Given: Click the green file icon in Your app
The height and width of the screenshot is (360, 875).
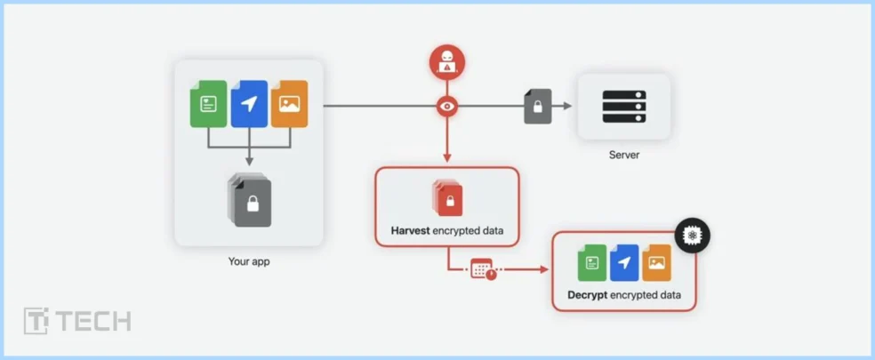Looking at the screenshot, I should (x=209, y=103).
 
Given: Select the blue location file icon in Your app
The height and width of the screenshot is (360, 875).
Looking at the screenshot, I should (x=249, y=104).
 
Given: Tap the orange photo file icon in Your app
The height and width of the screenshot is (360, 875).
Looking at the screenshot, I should (x=289, y=103).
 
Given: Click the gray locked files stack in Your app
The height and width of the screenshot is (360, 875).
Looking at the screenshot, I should (x=251, y=201).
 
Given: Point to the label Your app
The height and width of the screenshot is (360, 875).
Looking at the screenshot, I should (x=249, y=261).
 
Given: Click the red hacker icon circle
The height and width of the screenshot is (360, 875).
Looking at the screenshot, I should (x=446, y=62).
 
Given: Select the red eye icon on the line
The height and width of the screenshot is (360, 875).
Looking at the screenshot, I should (x=446, y=107).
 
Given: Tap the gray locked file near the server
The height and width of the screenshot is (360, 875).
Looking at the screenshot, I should (x=537, y=107).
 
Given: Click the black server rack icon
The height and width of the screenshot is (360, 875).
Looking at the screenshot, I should (x=624, y=107).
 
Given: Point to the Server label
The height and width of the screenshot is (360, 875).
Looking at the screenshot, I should (x=624, y=155).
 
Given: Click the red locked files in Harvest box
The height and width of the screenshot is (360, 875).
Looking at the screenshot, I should (x=447, y=197).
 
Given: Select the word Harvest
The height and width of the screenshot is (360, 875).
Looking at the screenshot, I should (x=411, y=231).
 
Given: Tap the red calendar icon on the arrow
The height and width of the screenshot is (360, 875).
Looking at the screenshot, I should (x=483, y=268).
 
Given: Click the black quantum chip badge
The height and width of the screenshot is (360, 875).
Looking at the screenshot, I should (x=692, y=236).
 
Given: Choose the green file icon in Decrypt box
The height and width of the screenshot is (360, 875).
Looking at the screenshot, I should (x=592, y=263).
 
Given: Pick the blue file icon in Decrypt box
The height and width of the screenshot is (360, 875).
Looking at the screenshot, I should (x=624, y=263).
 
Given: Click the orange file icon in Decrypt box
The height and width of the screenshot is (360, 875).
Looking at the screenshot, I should (x=656, y=263).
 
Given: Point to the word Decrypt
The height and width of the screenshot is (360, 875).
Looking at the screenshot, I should (x=587, y=294).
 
